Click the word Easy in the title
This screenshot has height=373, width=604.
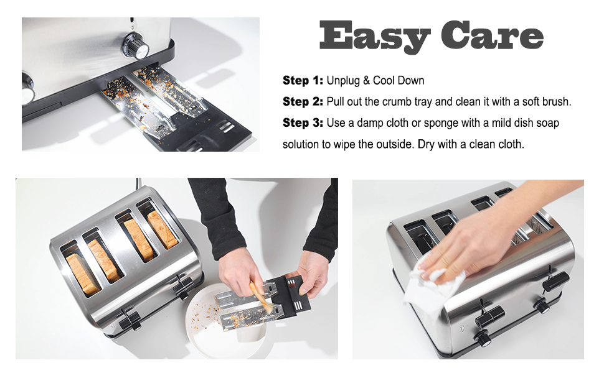[375, 36]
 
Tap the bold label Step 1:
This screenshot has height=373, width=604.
[303, 80]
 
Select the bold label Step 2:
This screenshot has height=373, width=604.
[303, 101]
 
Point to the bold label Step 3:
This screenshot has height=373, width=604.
[303, 122]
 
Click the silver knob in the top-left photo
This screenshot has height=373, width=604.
[136, 47]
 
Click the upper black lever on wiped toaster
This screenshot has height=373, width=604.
[555, 282]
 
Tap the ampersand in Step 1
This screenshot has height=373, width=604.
[366, 81]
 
